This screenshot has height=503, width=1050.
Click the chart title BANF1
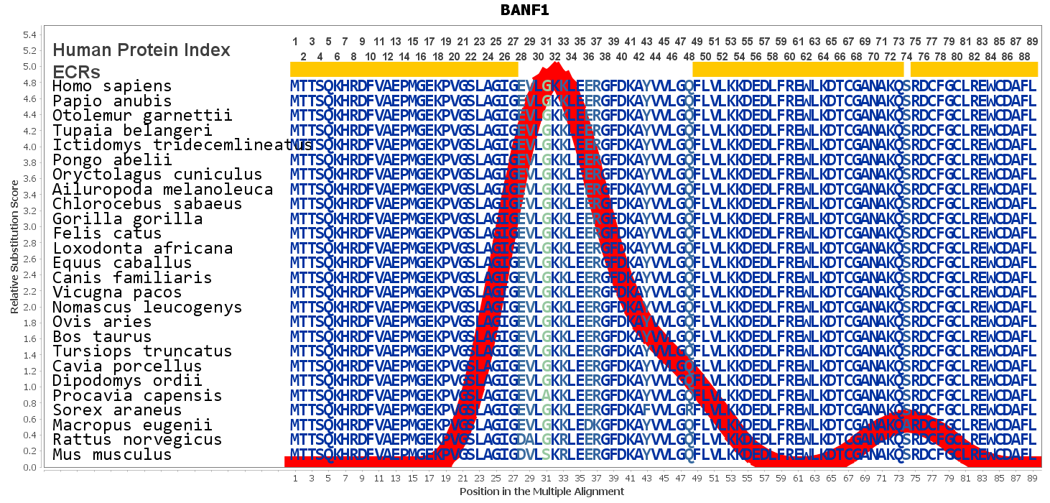[x=524, y=11]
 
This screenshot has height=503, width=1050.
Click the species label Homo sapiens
[x=112, y=86]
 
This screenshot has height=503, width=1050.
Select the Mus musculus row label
[x=112, y=454]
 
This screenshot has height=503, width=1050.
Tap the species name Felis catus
[x=107, y=234]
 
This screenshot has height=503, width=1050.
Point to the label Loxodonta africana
[x=143, y=248]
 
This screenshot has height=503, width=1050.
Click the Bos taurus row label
[x=102, y=336]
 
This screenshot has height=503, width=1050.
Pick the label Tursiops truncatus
[x=143, y=351]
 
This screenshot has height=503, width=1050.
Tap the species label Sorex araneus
[x=117, y=410]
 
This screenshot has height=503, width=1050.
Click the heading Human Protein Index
[x=141, y=50]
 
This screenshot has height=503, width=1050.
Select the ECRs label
[x=76, y=72]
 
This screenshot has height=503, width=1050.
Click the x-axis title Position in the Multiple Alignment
[x=542, y=492]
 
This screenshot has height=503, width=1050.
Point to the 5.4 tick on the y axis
[x=29, y=34]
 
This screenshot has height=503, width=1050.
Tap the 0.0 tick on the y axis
[x=29, y=467]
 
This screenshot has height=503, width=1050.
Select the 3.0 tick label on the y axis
[x=29, y=227]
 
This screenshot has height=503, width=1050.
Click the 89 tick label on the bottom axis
[x=1032, y=478]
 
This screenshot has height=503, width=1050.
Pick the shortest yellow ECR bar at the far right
[x=974, y=70]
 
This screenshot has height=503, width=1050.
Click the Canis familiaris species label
[x=132, y=277]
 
